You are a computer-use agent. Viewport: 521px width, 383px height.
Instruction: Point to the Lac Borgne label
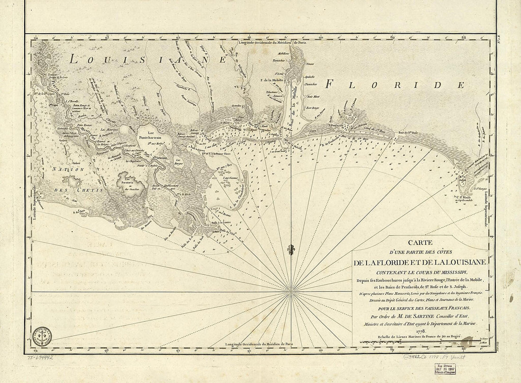coord(180,163)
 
